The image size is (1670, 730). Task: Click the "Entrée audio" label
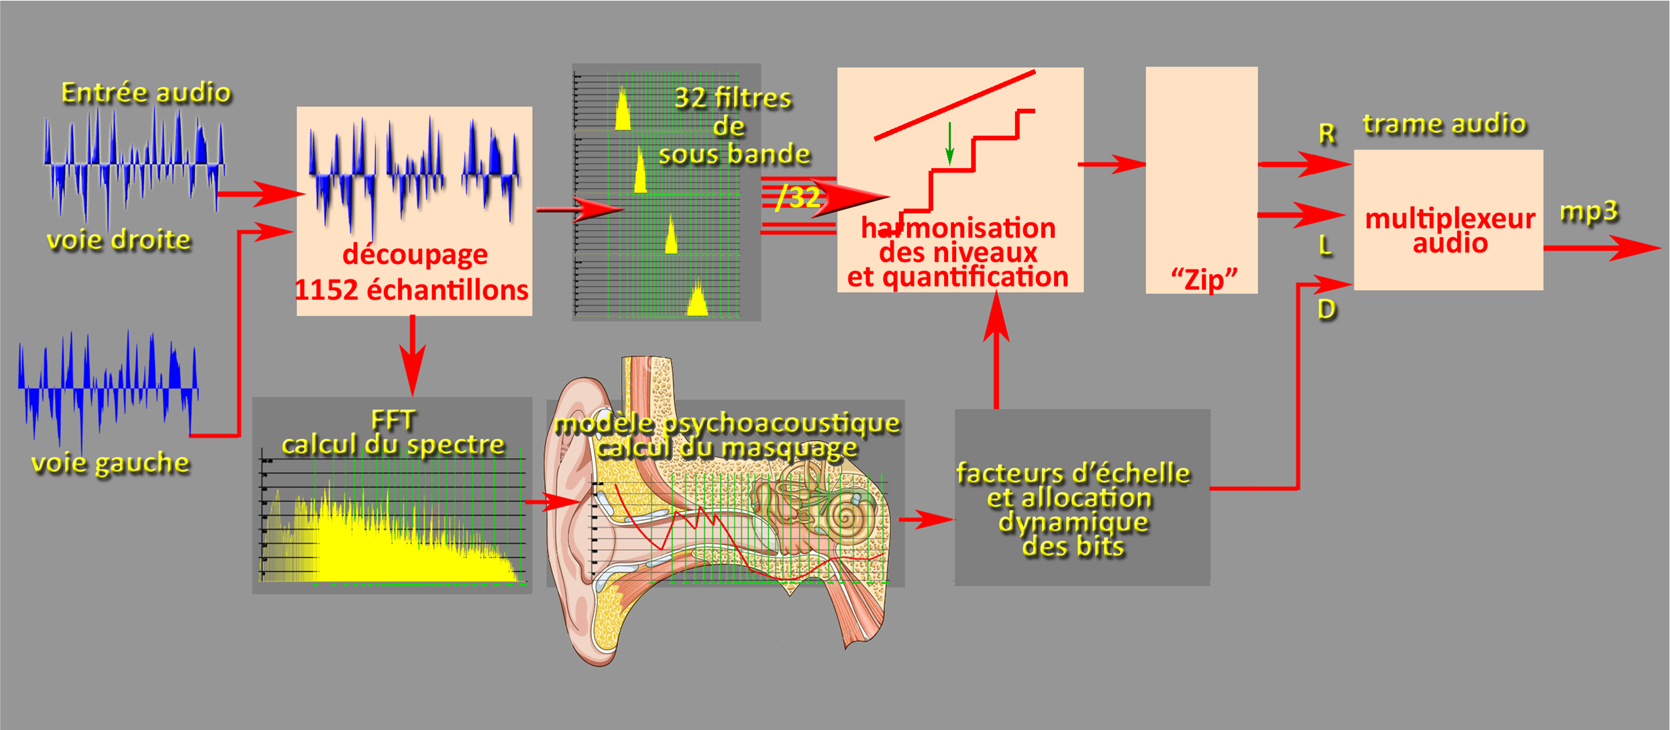point(146,93)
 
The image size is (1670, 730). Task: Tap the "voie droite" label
point(119,240)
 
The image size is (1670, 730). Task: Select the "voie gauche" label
point(111,463)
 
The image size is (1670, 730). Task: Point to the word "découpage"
point(415,255)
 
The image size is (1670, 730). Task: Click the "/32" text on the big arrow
point(798,197)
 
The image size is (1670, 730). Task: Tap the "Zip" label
point(1204,278)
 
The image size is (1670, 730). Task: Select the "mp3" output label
point(1588,212)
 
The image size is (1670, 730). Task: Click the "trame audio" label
point(1445,124)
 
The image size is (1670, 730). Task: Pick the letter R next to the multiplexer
point(1326,134)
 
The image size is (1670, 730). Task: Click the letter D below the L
point(1326,310)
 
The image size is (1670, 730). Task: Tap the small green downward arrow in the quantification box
point(949,145)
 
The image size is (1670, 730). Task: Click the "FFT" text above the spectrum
point(393,420)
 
